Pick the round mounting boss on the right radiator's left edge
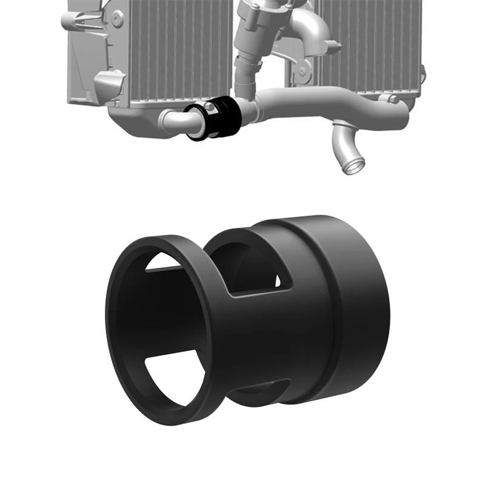click(301, 72)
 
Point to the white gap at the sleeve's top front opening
click(167, 261)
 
